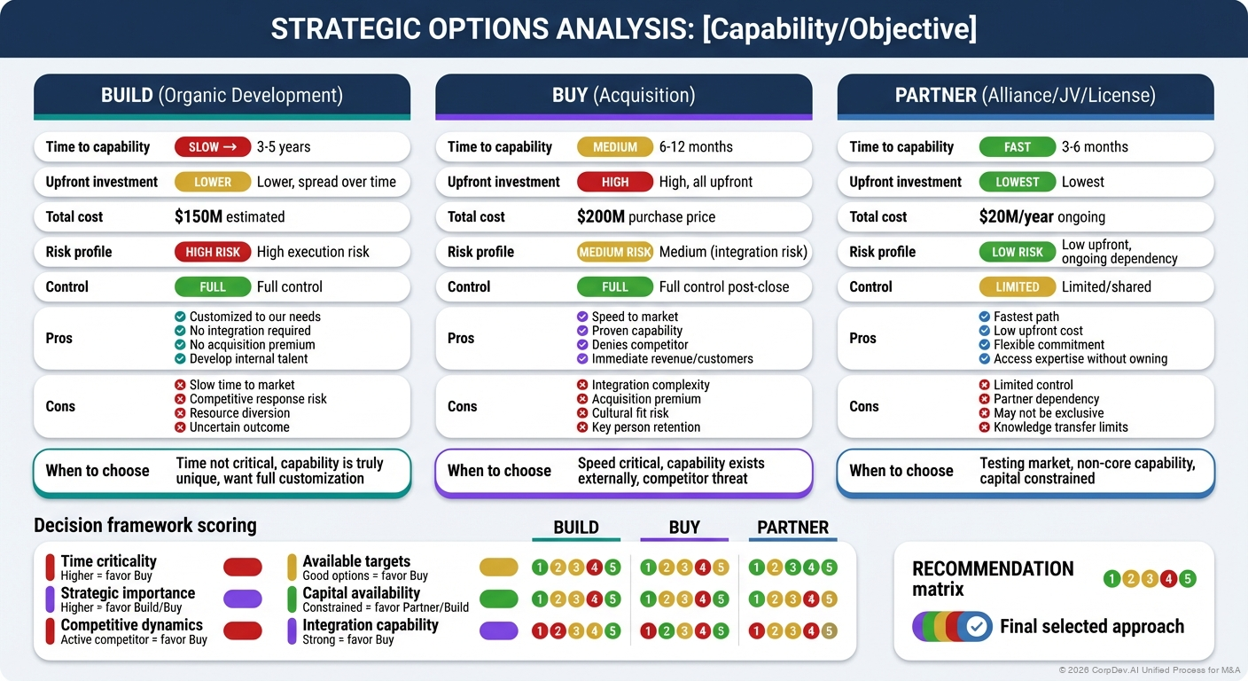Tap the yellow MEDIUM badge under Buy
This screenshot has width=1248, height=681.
(x=614, y=147)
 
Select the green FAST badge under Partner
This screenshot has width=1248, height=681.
(x=1017, y=147)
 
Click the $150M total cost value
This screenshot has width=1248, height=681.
(x=230, y=216)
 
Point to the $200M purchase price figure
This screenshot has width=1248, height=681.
(x=645, y=216)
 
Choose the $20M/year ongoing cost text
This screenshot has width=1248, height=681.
(x=1041, y=216)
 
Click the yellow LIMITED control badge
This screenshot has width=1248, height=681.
(x=1017, y=286)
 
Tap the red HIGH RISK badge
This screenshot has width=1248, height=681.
(x=212, y=252)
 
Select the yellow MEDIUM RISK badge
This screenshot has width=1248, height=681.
(x=614, y=252)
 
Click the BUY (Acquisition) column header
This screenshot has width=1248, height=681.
(x=623, y=95)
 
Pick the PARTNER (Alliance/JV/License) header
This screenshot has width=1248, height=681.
(x=1025, y=95)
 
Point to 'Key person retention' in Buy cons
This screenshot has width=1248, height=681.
(x=645, y=427)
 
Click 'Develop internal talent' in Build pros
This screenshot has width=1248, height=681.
(x=248, y=359)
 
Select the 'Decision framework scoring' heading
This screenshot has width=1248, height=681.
(x=144, y=525)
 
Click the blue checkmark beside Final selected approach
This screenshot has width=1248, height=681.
(x=976, y=627)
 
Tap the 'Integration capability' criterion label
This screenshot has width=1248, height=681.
(x=370, y=625)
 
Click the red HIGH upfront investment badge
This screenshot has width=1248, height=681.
(x=614, y=182)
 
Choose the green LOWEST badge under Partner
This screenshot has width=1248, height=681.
(x=1017, y=182)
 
